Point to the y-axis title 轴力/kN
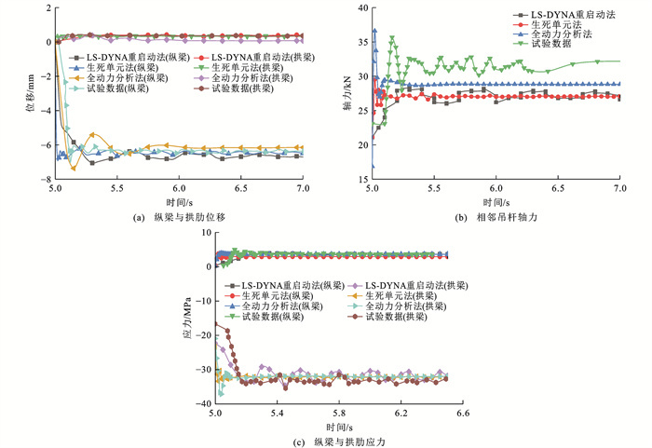click(348, 94)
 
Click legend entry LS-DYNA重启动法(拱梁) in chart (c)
click(410, 284)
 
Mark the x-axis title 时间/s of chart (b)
click(496, 200)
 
